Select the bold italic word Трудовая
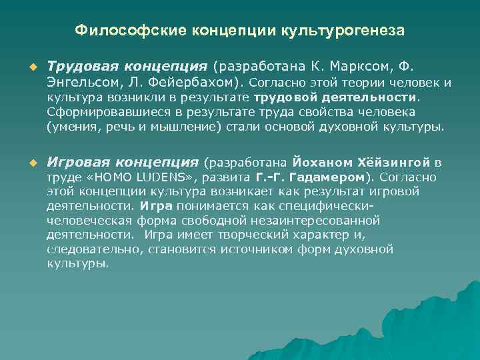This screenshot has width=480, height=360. pos(83,67)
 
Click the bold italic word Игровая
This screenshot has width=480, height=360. pos(79,162)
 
